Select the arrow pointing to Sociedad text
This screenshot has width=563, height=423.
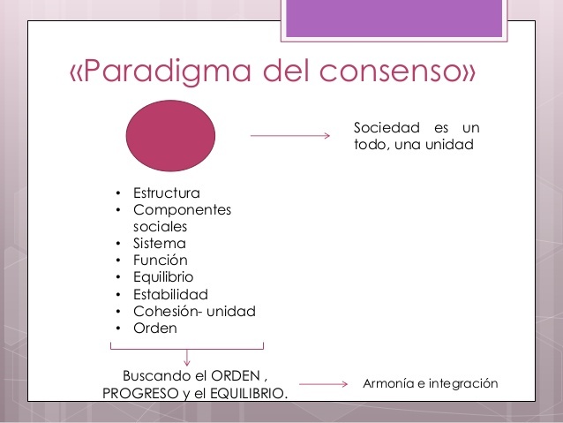tap(289, 136)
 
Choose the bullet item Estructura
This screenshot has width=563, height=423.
tap(166, 193)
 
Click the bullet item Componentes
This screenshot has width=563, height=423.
tap(182, 209)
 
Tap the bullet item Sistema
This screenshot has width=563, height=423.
tap(159, 243)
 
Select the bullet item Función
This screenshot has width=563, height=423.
tap(160, 260)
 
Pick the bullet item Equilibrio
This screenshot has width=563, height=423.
tap(163, 276)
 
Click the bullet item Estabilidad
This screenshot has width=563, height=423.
tap(170, 293)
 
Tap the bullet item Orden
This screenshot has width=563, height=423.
tap(155, 327)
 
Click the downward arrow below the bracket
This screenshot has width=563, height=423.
tap(187, 357)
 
